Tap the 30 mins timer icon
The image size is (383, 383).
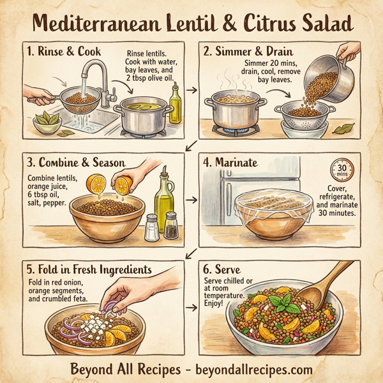click(338, 171)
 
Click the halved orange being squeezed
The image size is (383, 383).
click(101, 185)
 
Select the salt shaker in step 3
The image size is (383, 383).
click(151, 228)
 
